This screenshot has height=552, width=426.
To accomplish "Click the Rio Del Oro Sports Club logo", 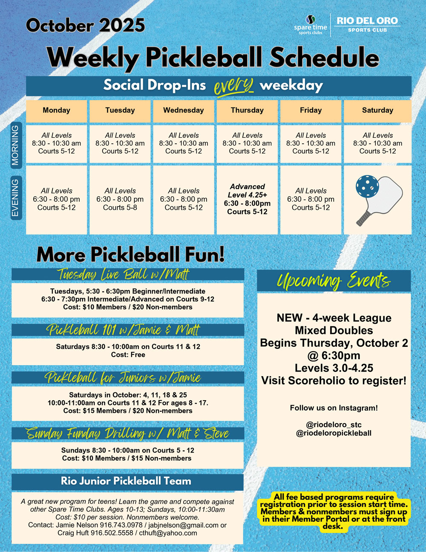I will pos(367,24).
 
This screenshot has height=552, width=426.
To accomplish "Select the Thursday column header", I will pos(247,110).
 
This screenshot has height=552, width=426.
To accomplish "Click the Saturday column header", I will pos(377,110).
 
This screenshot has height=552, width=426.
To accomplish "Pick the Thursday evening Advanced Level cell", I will pos(247,199).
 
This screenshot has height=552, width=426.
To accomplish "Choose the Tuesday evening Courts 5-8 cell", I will pos(120,199).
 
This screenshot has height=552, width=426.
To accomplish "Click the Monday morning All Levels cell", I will pos(57,143).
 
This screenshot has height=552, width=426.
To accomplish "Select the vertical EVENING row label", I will pos(16,198).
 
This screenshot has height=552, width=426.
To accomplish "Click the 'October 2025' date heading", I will pos(85,25).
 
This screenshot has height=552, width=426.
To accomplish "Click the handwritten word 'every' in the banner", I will pos(233,85).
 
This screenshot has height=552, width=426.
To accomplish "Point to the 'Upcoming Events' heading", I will pos(334,281).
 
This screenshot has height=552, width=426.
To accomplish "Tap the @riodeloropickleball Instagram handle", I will pos(334,433).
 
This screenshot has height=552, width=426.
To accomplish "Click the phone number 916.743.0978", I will pos(121,525).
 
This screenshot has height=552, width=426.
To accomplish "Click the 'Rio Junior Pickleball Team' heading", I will pos(126,481).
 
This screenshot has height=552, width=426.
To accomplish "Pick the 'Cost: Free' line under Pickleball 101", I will pos(128,355).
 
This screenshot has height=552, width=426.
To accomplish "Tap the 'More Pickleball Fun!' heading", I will pos(130,255).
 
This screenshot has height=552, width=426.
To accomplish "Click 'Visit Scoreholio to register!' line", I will pos(334,381).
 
